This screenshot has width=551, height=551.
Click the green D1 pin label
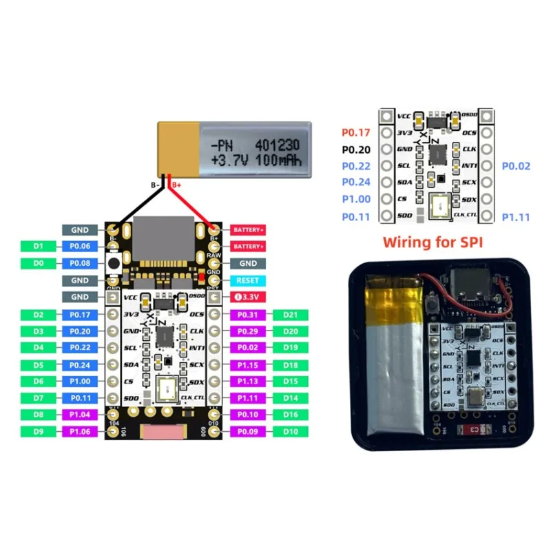39,246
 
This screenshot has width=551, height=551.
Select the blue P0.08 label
80,263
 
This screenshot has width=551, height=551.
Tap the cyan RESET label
247,280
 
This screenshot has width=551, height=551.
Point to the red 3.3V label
247,297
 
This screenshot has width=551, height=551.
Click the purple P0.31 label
247,315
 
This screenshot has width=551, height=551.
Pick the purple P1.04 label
80,414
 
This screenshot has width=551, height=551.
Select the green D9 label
39,431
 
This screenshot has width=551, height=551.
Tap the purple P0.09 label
247,431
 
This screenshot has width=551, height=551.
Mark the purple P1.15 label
247,364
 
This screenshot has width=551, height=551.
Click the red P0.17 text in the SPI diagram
356,133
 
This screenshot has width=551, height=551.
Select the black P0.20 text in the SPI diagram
356,149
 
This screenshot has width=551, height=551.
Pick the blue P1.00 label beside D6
80,381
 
